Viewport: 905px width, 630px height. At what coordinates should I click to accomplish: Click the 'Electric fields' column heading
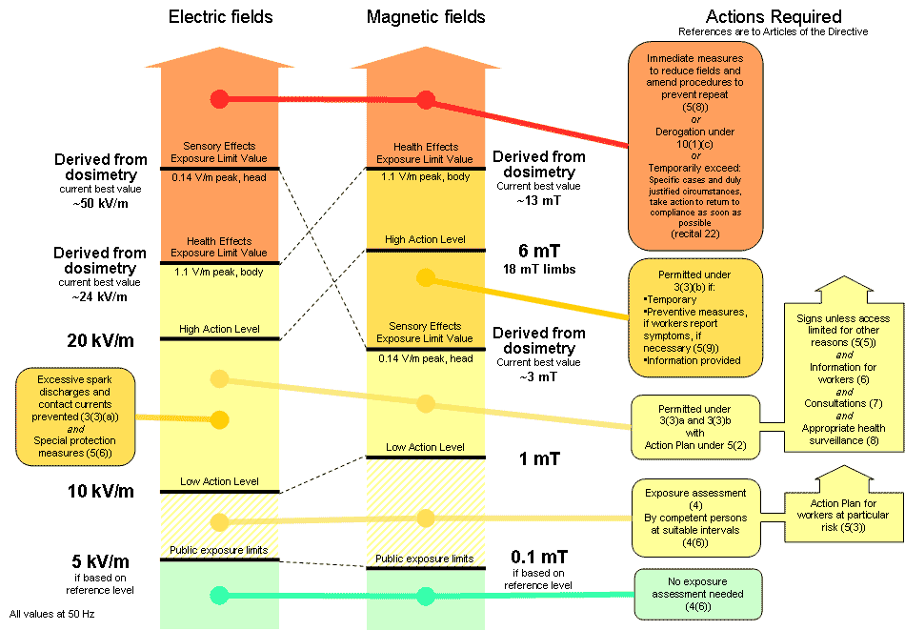point(220,17)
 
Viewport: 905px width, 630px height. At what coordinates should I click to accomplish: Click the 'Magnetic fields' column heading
point(426,17)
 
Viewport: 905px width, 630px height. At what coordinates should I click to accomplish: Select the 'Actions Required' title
point(774,16)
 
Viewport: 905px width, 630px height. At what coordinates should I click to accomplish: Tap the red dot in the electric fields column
point(220,98)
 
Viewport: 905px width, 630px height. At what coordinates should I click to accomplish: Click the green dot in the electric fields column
point(220,596)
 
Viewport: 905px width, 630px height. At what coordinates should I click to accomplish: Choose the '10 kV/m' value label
point(92,492)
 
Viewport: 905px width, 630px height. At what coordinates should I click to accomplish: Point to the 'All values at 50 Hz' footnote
point(51,613)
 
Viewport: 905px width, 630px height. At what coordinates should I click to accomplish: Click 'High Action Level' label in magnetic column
point(425,239)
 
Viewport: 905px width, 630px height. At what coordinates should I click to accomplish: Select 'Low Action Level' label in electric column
point(219,481)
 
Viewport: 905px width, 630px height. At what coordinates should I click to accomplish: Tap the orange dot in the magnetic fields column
point(426,278)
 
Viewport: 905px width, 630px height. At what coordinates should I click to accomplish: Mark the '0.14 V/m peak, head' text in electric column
point(220,177)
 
